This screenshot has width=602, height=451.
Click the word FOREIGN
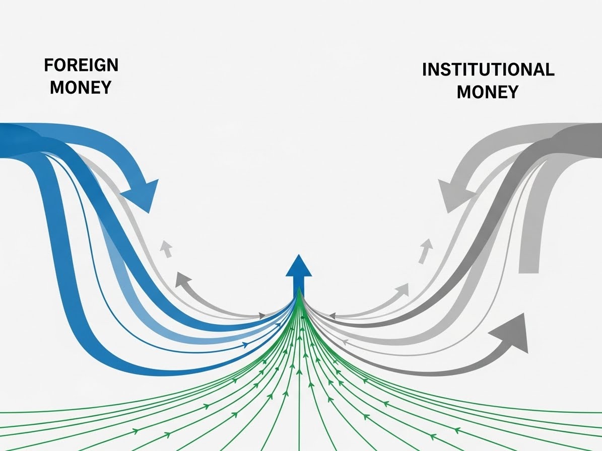click(81, 65)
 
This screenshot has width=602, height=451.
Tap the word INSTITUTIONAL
click(488, 69)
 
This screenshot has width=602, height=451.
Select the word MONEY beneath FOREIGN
click(81, 87)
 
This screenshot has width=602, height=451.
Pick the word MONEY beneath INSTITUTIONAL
click(487, 92)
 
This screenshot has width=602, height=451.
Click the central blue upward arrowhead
click(299, 266)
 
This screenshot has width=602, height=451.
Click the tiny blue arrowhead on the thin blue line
click(245, 345)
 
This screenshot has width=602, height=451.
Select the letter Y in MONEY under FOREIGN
click(105, 87)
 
